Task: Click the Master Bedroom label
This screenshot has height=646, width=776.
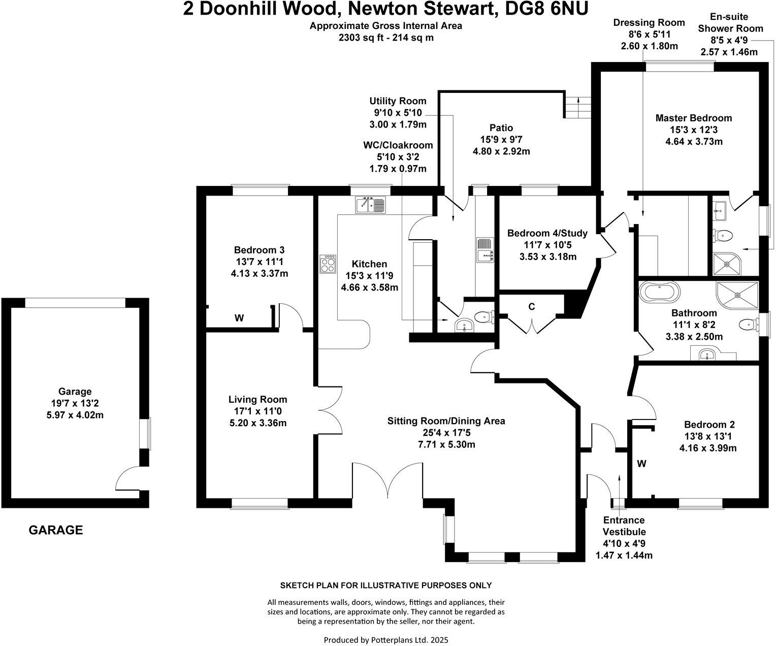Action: click(x=694, y=118)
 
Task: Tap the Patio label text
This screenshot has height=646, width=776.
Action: click(x=501, y=128)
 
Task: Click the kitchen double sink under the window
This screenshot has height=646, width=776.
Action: click(x=370, y=204)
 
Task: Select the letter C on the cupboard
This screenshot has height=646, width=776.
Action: click(x=532, y=307)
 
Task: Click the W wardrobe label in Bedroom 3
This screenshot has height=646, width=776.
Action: click(x=239, y=318)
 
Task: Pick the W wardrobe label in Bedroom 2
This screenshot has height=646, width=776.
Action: click(x=642, y=464)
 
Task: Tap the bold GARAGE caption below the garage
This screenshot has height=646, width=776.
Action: click(x=55, y=531)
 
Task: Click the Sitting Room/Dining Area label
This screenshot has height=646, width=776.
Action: click(x=446, y=421)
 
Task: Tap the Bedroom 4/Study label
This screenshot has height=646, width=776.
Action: click(x=547, y=234)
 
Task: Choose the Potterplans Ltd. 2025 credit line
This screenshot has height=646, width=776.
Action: click(x=386, y=640)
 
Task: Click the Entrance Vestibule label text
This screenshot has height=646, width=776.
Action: click(x=624, y=526)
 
